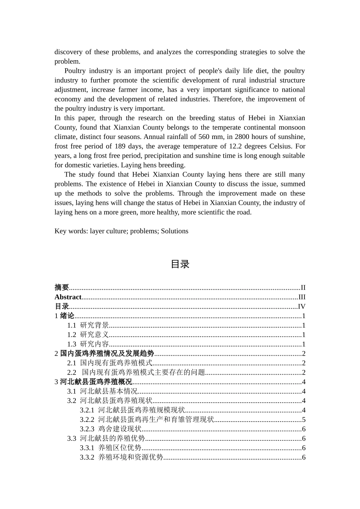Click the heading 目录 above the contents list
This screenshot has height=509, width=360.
[x=180, y=264]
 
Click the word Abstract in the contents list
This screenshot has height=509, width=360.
[x=68, y=297]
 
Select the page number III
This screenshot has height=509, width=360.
[x=302, y=297]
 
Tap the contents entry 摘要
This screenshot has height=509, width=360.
[x=62, y=287]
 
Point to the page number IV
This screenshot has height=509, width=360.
[x=302, y=306]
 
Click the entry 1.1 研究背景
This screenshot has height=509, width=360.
[x=88, y=325]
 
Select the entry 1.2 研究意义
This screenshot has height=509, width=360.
[x=88, y=334]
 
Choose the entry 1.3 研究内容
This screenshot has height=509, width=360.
[x=88, y=344]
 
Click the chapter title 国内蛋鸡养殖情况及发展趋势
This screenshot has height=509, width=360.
[x=107, y=353]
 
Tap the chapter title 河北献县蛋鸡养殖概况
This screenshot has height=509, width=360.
[x=96, y=382]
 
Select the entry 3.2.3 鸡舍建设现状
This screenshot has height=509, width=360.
[x=111, y=429]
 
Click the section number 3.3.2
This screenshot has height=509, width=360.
[x=87, y=457]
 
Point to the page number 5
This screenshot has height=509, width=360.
[x=304, y=419]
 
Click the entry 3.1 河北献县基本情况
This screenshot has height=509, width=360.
[x=102, y=391]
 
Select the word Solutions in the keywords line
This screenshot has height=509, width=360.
[x=174, y=231]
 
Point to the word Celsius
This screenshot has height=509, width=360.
[x=282, y=146]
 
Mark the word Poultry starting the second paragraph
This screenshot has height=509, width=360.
[x=75, y=71]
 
